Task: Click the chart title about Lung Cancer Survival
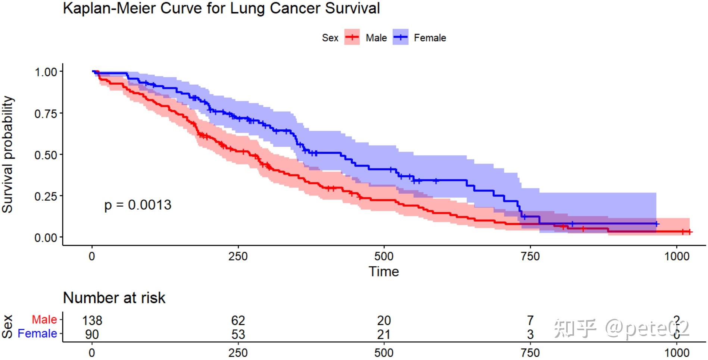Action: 221,8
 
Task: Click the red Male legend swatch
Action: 352,37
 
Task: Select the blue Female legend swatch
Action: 400,37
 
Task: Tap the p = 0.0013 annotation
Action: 138,205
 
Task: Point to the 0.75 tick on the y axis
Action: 46,113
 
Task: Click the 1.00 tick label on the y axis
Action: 46,72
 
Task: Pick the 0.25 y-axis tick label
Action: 46,196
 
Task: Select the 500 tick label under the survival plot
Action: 384,256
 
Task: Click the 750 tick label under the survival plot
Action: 530,256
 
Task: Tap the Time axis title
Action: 384,272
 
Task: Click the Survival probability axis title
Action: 7,154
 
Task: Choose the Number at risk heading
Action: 114,298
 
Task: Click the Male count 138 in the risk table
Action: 92,320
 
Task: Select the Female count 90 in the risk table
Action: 92,334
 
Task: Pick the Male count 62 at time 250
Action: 238,320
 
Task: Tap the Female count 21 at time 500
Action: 384,334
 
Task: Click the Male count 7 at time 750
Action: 530,320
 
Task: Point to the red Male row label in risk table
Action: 44,320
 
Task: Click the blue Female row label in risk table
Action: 37,334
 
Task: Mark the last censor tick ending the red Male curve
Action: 689,232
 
